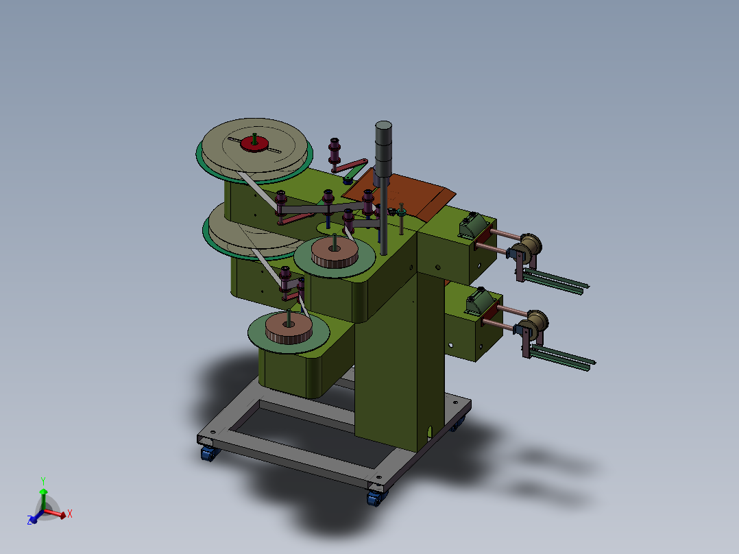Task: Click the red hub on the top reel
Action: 254,144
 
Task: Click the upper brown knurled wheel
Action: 335,253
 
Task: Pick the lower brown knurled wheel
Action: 289,328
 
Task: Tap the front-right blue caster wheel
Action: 376,498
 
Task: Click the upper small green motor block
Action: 473,226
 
